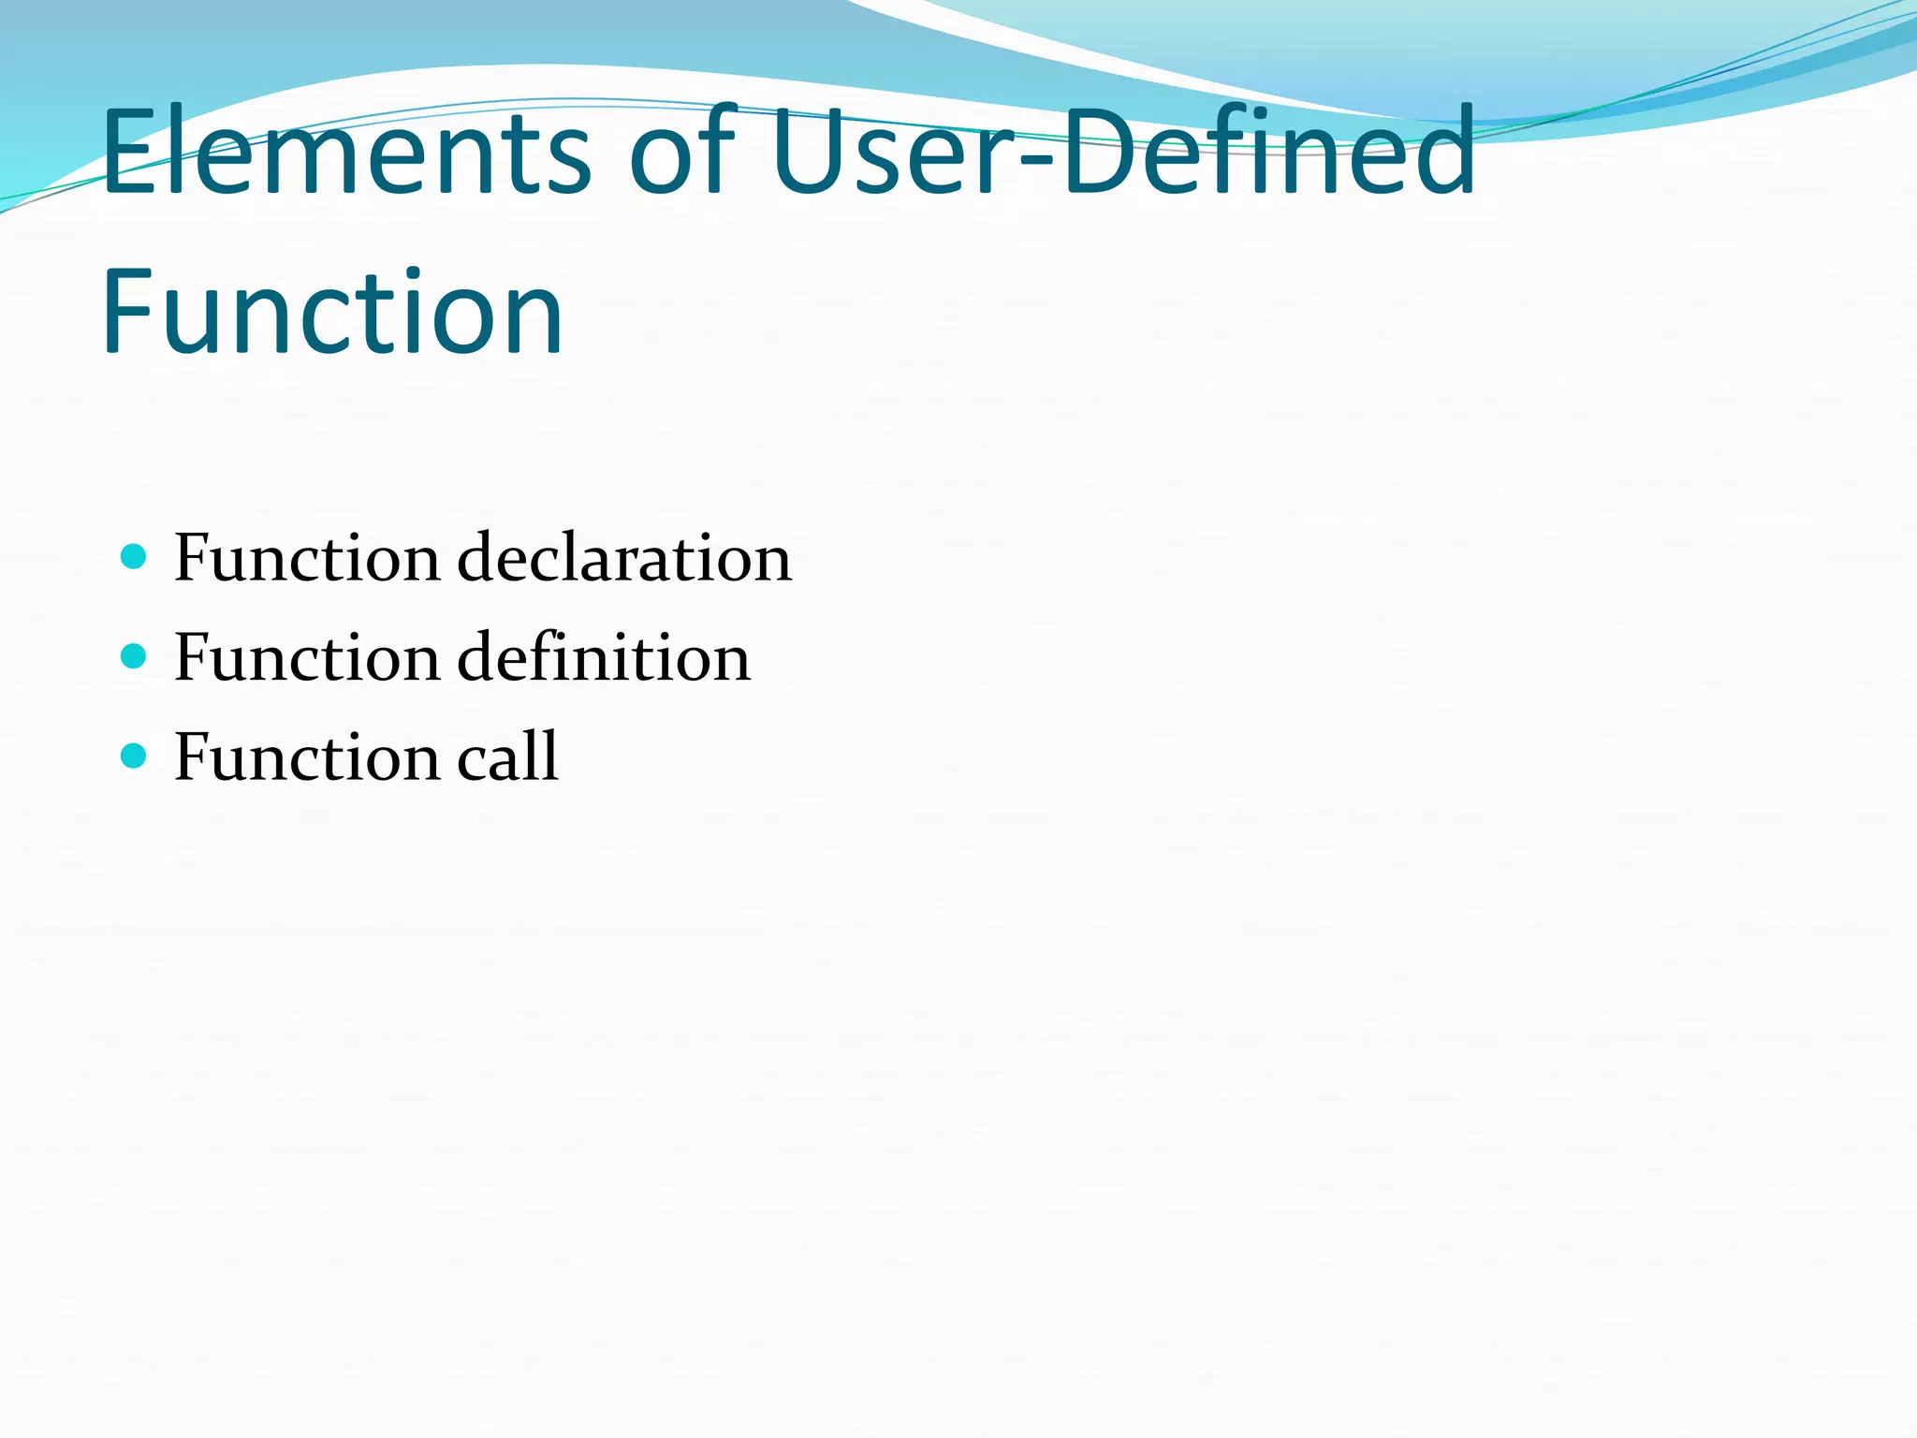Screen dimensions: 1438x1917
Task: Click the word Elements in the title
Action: pyautogui.click(x=346, y=152)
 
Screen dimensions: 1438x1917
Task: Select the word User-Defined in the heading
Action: pyautogui.click(x=1123, y=152)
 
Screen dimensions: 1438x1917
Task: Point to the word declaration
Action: pyautogui.click(x=624, y=558)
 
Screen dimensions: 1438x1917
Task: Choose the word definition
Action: pyautogui.click(x=604, y=657)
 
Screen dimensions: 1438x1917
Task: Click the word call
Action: pyautogui.click(x=507, y=756)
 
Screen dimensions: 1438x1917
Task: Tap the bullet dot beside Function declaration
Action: pyautogui.click(x=134, y=557)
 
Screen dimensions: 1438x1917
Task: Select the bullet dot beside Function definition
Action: pyautogui.click(x=134, y=656)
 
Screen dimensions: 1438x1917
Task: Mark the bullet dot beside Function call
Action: pyautogui.click(x=134, y=756)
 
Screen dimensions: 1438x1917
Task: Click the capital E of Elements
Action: pyautogui.click(x=128, y=152)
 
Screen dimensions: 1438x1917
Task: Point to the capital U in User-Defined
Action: pyautogui.click(x=810, y=152)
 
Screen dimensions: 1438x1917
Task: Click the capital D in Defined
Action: pyautogui.click(x=1105, y=152)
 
